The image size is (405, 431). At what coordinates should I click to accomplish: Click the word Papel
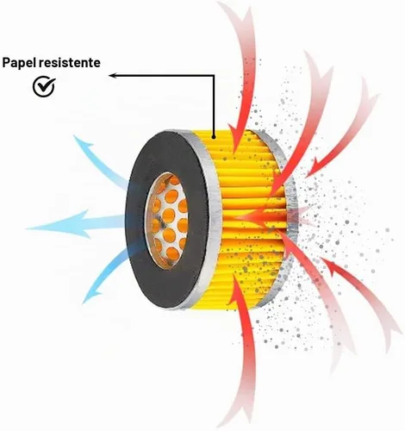(19, 63)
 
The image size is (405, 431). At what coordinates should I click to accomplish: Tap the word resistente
(70, 62)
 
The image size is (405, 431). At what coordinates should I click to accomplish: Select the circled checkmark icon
(44, 86)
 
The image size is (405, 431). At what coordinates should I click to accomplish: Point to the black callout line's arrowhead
(112, 76)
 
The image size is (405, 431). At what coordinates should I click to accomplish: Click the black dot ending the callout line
(214, 137)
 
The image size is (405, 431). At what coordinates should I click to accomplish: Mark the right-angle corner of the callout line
(214, 76)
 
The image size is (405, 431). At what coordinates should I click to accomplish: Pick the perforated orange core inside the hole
(168, 220)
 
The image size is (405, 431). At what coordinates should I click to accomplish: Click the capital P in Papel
(6, 62)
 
